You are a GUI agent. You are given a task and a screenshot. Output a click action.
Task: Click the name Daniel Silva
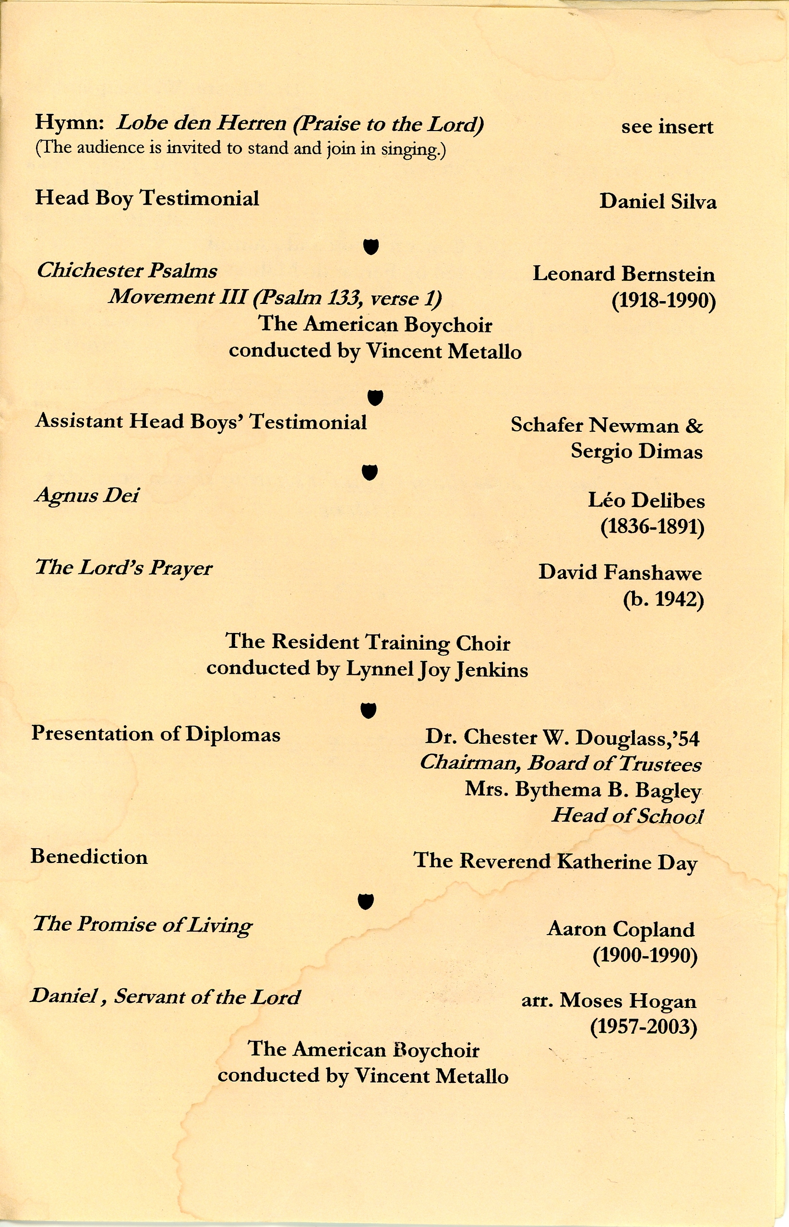click(657, 201)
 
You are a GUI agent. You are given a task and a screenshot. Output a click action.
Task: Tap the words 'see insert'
click(667, 127)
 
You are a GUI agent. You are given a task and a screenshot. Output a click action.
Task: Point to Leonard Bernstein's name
click(623, 274)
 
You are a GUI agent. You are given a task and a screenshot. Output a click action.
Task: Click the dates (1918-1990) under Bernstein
click(663, 300)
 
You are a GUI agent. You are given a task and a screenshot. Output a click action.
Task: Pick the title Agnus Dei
click(86, 496)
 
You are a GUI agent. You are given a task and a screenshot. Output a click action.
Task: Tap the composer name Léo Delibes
click(646, 500)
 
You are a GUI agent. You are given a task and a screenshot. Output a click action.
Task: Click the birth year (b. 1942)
click(663, 599)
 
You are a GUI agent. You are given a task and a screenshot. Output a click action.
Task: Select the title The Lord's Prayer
click(123, 568)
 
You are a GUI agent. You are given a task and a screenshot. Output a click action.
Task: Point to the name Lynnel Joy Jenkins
click(437, 670)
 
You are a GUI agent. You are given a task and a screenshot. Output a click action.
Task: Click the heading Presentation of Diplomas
click(156, 734)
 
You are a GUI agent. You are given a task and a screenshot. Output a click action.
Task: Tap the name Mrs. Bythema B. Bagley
click(583, 790)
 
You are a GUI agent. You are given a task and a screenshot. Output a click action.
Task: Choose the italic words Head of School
click(627, 815)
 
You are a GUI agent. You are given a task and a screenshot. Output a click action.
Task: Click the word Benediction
click(89, 856)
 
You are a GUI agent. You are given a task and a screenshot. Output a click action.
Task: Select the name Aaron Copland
click(621, 929)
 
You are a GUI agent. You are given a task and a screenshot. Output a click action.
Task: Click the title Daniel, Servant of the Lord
click(165, 996)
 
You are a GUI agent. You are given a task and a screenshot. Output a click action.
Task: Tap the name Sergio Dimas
click(636, 451)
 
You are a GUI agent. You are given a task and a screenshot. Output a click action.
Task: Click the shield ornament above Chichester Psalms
click(371, 246)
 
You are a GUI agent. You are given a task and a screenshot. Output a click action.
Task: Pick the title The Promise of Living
click(143, 924)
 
